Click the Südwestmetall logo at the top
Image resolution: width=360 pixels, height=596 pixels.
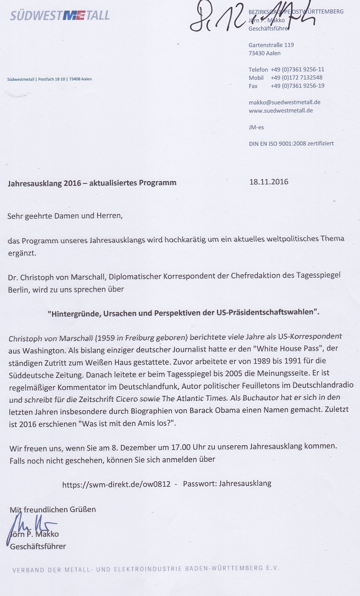pyautogui.click(x=60, y=15)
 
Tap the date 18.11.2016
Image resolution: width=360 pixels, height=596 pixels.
pyautogui.click(x=268, y=181)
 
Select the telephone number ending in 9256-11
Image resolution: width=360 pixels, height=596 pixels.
pyautogui.click(x=297, y=69)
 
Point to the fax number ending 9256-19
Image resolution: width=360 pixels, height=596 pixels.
pyautogui.click(x=297, y=86)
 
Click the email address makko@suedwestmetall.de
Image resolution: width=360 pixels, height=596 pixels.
pyautogui.click(x=284, y=102)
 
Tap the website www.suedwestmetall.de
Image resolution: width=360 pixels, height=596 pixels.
pyautogui.click(x=280, y=110)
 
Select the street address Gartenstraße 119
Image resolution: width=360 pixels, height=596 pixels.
pyautogui.click(x=271, y=45)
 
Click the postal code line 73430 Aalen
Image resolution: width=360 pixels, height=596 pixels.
pyautogui.click(x=264, y=53)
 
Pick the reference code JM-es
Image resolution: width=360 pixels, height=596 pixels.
pyautogui.click(x=256, y=127)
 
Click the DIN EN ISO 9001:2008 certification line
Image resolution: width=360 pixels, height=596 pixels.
pyautogui.click(x=291, y=144)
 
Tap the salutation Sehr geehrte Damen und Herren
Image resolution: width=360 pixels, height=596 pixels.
pyautogui.click(x=65, y=216)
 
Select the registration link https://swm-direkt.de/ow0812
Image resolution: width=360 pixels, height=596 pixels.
pyautogui.click(x=116, y=484)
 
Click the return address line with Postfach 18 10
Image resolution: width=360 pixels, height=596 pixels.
pyautogui.click(x=49, y=79)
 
